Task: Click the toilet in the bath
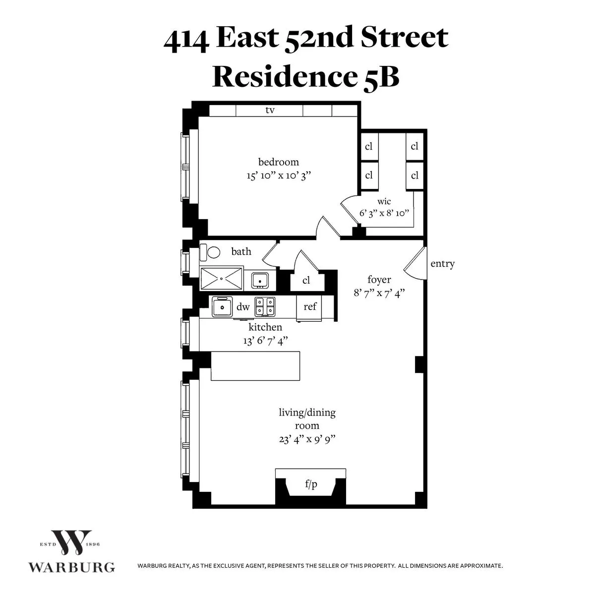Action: point(211,252)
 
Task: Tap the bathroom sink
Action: point(259,280)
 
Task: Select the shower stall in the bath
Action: point(222,278)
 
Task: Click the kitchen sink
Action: point(222,307)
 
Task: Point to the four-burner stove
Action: point(265,307)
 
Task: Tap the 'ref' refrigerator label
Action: point(310,306)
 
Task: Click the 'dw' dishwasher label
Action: point(243,307)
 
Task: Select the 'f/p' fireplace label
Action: point(311,485)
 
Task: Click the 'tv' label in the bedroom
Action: point(270,110)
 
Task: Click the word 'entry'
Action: point(442,264)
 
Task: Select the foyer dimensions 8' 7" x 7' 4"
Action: point(379,293)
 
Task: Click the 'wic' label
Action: point(384,201)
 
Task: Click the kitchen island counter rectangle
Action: point(255,366)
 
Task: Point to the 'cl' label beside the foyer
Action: point(306,281)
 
